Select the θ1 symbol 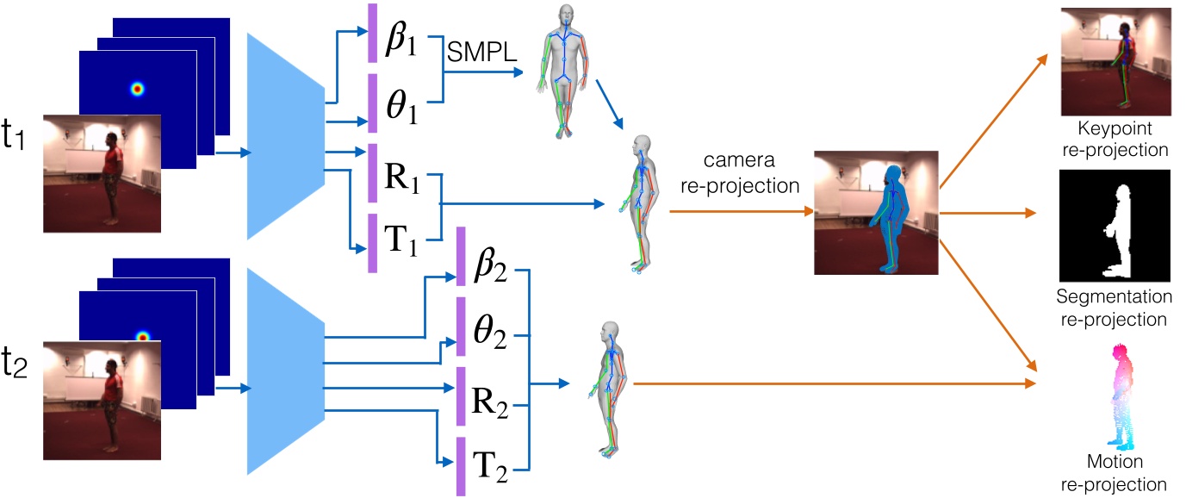coord(401,110)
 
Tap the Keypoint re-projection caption coord(1115,138)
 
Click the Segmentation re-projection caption coord(1115,308)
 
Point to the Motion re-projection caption coord(1115,473)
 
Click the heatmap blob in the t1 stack coord(136,88)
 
